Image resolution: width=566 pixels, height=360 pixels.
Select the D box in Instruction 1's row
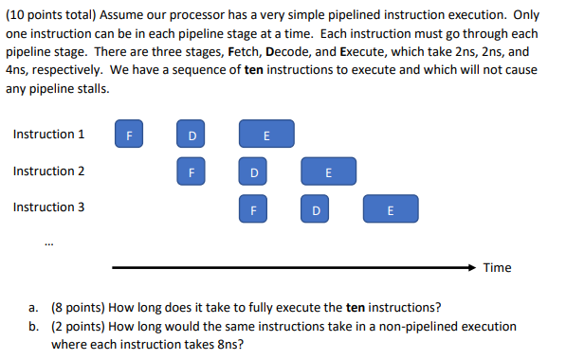pos(192,135)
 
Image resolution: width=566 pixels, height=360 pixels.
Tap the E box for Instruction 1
pos(266,135)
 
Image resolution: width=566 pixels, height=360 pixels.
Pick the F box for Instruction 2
pos(192,171)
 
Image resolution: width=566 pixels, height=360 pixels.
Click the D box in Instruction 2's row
pos(254,171)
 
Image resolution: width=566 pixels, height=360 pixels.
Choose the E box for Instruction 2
pos(328,171)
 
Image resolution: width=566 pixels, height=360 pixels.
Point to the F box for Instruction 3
pos(254,208)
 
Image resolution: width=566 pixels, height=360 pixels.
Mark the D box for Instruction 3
pos(316,208)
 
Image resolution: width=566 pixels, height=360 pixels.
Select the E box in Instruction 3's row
pos(390,208)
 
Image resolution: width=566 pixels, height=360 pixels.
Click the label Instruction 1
pos(48,135)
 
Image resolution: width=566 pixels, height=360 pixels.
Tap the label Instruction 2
pos(48,171)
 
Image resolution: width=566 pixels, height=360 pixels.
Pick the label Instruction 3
pos(48,207)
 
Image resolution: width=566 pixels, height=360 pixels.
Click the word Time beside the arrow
pos(497,268)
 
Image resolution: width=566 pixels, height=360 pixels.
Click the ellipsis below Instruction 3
pos(49,242)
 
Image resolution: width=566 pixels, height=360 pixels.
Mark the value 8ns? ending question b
pos(229,345)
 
